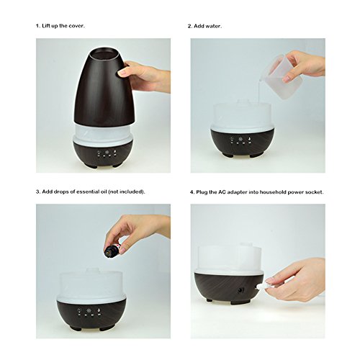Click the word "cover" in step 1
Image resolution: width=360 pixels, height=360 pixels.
76,26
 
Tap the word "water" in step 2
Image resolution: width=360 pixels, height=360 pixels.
213,26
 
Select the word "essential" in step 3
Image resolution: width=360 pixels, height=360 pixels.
87,192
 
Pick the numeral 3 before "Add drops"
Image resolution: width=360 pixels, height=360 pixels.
37,192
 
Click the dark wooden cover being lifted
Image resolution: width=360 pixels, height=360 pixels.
104,87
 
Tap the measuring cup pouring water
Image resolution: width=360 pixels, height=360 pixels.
281,76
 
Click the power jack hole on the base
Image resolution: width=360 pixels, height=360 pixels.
240,290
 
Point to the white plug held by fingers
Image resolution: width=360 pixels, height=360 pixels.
261,286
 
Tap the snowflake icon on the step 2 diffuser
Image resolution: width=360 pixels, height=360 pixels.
240,139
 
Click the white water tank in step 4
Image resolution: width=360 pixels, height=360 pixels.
230,258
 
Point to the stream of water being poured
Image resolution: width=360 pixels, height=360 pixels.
260,91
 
